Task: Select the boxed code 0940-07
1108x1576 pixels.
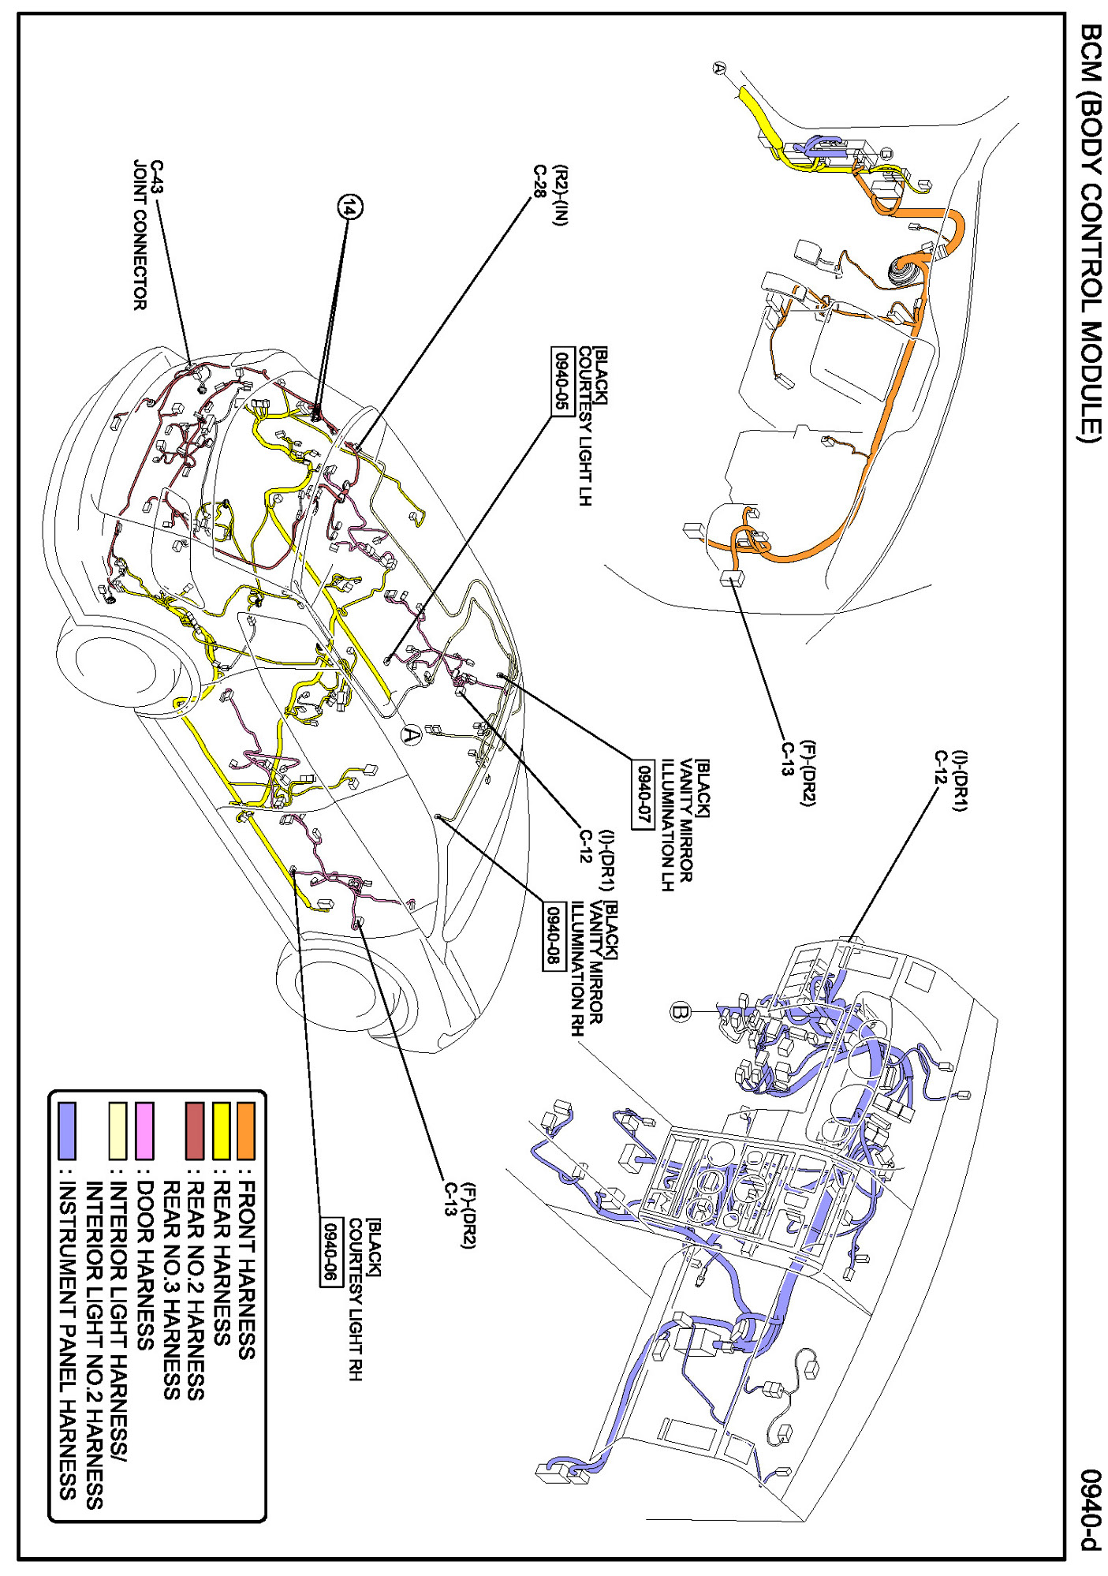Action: click(x=643, y=793)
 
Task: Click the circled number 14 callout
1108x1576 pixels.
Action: click(x=350, y=207)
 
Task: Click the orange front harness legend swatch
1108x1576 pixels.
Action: click(x=246, y=1130)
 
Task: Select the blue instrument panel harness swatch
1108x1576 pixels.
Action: click(x=67, y=1130)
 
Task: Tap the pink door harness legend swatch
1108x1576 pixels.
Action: click(x=144, y=1130)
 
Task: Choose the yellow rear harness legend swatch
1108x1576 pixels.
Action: click(x=221, y=1130)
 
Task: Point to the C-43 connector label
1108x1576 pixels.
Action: click(x=157, y=177)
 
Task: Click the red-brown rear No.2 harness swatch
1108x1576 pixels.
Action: click(x=195, y=1130)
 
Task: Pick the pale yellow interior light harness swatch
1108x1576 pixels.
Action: click(x=118, y=1130)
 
